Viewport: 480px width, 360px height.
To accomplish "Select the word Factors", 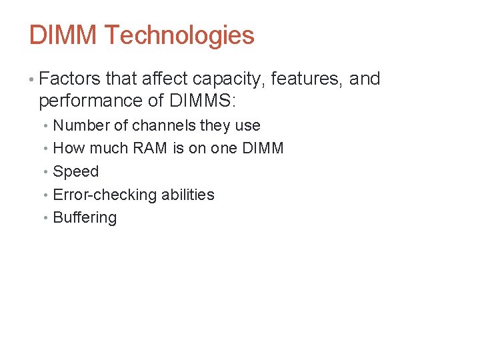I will click(70, 79).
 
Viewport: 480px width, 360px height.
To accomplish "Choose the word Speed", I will click(75, 171).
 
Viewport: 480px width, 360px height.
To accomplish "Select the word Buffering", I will click(85, 218).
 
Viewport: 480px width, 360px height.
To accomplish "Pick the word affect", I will click(165, 79).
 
